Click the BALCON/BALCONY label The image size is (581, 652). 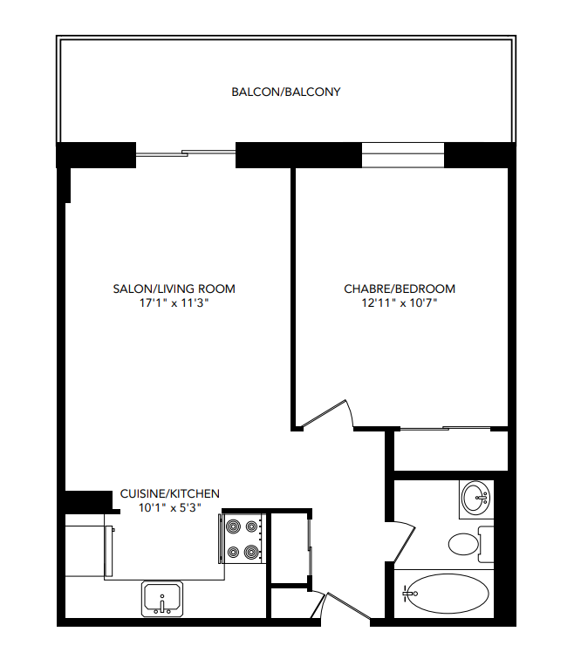tap(285, 92)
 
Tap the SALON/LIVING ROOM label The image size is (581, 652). tap(174, 289)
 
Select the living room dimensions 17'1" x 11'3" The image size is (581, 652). tap(174, 302)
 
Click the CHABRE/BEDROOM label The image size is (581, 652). tap(400, 289)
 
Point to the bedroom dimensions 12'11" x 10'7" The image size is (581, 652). tap(400, 302)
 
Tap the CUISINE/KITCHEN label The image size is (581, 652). tap(170, 493)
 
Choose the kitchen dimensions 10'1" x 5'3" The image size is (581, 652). tap(170, 507)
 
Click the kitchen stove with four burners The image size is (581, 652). tap(243, 539)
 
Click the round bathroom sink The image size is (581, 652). tap(476, 499)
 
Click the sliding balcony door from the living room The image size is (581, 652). tap(186, 154)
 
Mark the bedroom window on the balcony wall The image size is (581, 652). tap(403, 154)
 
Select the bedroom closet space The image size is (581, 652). tap(450, 451)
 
